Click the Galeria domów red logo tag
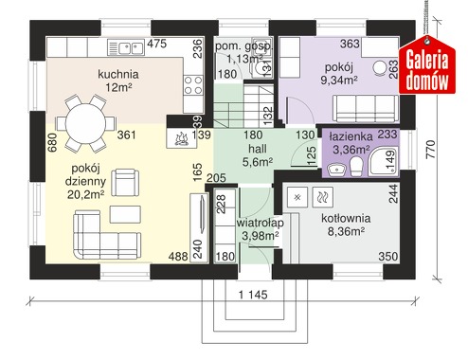pyautogui.click(x=427, y=65)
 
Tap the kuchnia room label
pyautogui.click(x=118, y=74)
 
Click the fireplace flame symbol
pyautogui.click(x=181, y=139)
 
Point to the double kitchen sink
pyautogui.click(x=126, y=47)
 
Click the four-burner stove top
pyautogui.click(x=193, y=85)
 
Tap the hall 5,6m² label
pyautogui.click(x=258, y=155)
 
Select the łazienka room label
pyautogui.click(x=351, y=136)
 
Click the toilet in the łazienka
pyautogui.click(x=356, y=167)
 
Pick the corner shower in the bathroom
pyautogui.click(x=383, y=161)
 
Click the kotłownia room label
pyautogui.click(x=346, y=218)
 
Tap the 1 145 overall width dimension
pyautogui.click(x=253, y=295)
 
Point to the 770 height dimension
pyautogui.click(x=431, y=150)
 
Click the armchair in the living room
pyautogui.click(x=125, y=182)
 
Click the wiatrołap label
pyautogui.click(x=260, y=223)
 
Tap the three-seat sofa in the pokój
pyautogui.click(x=366, y=108)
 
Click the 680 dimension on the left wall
pyautogui.click(x=52, y=142)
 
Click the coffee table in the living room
pyautogui.click(x=125, y=214)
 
